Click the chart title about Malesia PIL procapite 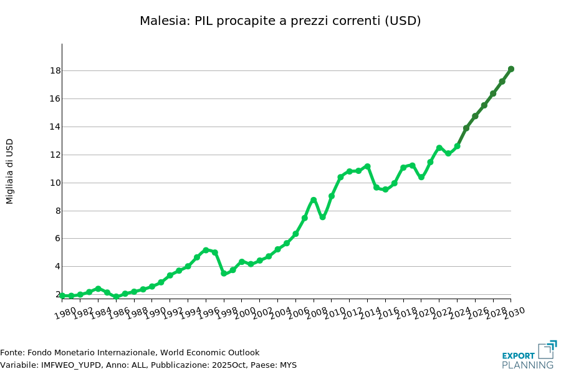pyautogui.click(x=280, y=21)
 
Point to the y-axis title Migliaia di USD pyautogui.click(x=9, y=171)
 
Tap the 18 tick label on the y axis pyautogui.click(x=55, y=70)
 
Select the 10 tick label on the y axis pyautogui.click(x=55, y=183)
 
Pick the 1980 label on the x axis pyautogui.click(x=65, y=311)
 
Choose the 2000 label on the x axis pyautogui.click(x=244, y=311)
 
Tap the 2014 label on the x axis pyautogui.click(x=370, y=311)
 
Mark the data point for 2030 pyautogui.click(x=511, y=69)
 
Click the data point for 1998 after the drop pyautogui.click(x=224, y=273)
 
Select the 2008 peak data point pyautogui.click(x=314, y=200)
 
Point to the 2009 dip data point pyautogui.click(x=322, y=218)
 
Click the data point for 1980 pyautogui.click(x=62, y=295)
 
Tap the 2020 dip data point pyautogui.click(x=421, y=177)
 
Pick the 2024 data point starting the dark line pyautogui.click(x=466, y=128)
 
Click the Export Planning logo pyautogui.click(x=529, y=355)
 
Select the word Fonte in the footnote pyautogui.click(x=11, y=353)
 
